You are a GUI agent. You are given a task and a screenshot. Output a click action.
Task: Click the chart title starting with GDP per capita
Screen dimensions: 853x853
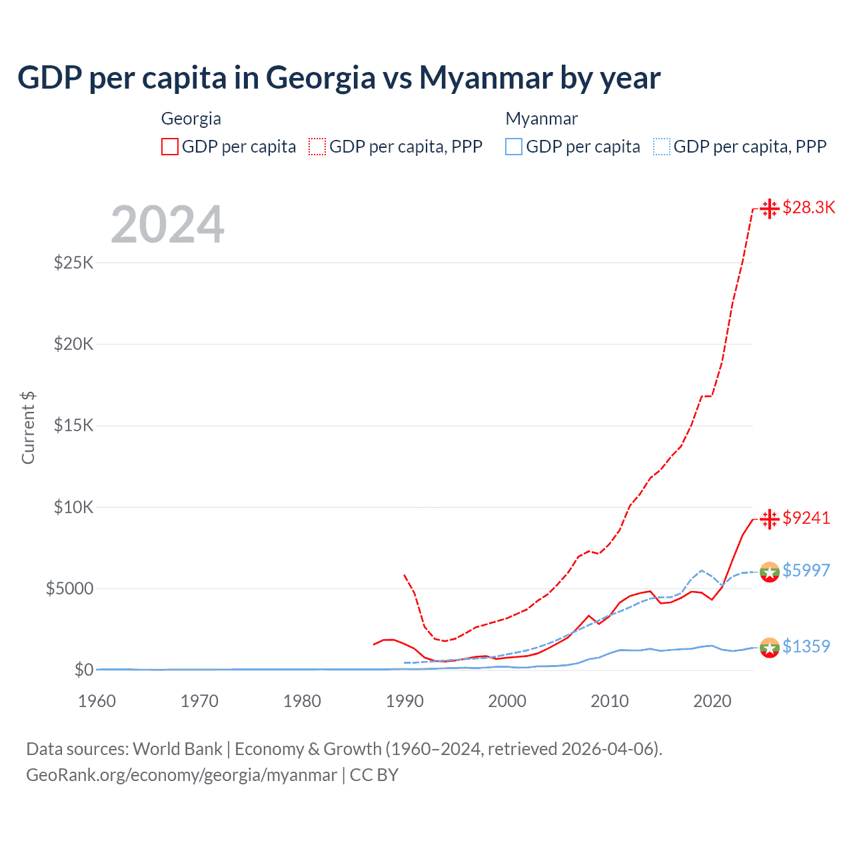coord(339,77)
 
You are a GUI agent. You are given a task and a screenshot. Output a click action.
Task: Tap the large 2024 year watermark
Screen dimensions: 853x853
coord(167,225)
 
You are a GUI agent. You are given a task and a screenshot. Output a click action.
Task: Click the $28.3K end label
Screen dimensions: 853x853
coord(808,207)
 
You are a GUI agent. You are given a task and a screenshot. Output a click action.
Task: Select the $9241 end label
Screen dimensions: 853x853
coord(806,518)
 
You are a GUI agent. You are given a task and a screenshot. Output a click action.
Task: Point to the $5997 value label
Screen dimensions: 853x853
coord(806,570)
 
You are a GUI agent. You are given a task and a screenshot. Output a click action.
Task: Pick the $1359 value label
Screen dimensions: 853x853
coord(806,646)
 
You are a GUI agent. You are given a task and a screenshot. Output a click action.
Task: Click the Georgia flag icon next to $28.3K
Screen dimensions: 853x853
coord(770,209)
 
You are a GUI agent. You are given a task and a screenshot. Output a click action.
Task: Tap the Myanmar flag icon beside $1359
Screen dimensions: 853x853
coord(770,647)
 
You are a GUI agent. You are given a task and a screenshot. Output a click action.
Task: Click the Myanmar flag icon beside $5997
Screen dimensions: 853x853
coord(770,572)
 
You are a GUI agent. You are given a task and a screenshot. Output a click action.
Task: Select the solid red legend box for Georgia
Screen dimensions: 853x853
coord(170,147)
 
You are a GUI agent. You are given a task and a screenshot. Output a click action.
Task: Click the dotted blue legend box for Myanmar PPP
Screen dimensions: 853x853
coord(662,147)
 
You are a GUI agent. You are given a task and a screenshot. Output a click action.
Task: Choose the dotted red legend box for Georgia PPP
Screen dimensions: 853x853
coord(317,147)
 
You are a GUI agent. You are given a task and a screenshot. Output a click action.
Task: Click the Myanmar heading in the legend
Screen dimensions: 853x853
coord(541,119)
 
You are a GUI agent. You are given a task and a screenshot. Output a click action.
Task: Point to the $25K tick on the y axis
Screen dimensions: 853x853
coord(74,263)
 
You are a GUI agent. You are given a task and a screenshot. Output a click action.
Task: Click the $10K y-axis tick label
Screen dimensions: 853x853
coord(74,507)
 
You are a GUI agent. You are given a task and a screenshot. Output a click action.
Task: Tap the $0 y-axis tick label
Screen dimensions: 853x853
coord(83,670)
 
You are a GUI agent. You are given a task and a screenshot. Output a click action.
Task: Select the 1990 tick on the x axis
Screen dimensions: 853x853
coord(405,701)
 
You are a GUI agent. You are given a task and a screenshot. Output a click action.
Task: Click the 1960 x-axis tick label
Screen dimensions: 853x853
coord(97,701)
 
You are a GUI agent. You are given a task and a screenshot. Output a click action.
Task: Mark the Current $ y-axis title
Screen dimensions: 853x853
coord(28,427)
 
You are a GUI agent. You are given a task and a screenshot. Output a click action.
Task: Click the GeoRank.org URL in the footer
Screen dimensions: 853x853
coord(181,775)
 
